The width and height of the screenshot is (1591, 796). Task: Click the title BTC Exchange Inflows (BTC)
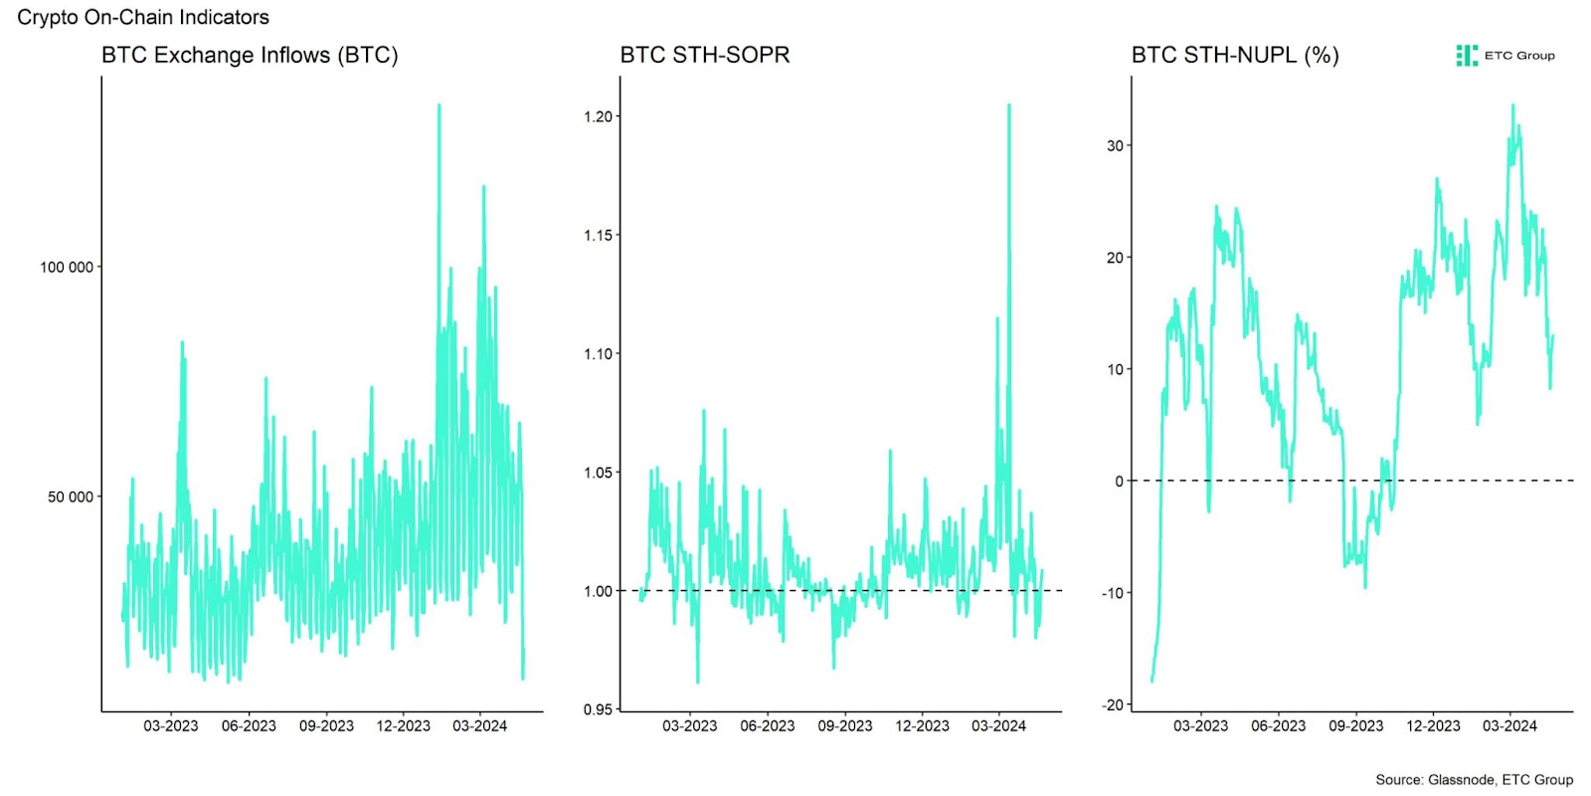(250, 55)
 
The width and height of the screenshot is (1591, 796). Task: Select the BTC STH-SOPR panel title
(705, 55)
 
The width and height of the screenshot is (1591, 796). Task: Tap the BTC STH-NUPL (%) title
(1235, 55)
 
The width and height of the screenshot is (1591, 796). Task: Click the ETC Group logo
(1505, 56)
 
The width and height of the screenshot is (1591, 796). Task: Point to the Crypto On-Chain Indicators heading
(143, 17)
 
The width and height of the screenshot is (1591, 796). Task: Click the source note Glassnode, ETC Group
(1474, 779)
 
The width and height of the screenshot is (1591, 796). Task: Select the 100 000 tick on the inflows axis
(66, 267)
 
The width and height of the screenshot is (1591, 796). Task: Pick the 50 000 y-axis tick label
(70, 497)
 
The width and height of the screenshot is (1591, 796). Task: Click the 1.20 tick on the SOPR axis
(598, 116)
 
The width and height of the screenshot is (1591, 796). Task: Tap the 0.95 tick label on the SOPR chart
(598, 709)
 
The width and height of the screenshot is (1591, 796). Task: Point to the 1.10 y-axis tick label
(598, 353)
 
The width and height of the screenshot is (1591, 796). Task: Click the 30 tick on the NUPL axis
(1115, 145)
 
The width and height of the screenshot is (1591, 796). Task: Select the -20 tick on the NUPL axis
(1112, 704)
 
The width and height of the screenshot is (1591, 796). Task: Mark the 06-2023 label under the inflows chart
(249, 725)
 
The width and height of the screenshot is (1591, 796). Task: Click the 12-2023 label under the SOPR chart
(922, 725)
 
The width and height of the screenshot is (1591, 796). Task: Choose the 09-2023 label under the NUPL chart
(1355, 725)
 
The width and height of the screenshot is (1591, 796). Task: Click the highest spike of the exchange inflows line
(439, 105)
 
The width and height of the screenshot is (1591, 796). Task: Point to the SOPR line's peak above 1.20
(1009, 105)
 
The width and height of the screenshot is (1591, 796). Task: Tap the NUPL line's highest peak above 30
(1512, 105)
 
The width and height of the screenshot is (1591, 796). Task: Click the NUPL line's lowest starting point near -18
(1151, 681)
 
